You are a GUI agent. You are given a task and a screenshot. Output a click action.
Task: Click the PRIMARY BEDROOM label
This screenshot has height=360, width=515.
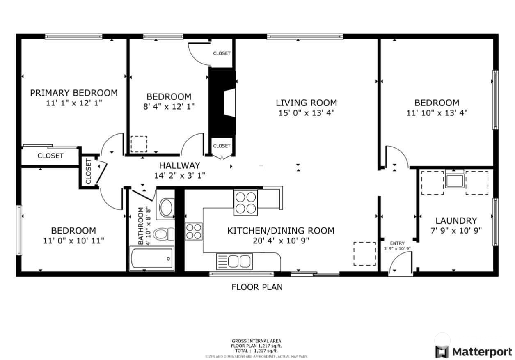[74, 93]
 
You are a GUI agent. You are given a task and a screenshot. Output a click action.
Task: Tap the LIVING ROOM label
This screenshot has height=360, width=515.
[306, 103]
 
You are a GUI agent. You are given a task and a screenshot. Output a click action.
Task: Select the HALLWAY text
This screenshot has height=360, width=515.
[180, 165]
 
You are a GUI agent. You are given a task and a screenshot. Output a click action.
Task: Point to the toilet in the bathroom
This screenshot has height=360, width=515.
[164, 234]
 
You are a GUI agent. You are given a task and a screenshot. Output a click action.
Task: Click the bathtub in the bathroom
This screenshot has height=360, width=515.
[151, 258]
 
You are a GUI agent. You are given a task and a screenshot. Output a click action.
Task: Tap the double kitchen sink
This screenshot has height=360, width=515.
[234, 261]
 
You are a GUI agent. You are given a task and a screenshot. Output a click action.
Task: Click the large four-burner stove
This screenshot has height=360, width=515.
[246, 203]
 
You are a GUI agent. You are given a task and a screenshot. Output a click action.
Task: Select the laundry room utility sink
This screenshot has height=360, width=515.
[455, 180]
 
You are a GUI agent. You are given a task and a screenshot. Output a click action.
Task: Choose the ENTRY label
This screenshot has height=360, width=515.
[397, 243]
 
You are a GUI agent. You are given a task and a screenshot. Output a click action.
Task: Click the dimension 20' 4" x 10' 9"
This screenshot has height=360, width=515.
[281, 241]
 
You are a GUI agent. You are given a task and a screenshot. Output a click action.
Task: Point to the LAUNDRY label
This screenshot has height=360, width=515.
[456, 221]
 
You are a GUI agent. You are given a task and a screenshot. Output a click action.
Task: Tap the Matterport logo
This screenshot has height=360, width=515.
[474, 351]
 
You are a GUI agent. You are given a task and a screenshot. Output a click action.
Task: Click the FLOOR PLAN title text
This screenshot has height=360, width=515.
[257, 287]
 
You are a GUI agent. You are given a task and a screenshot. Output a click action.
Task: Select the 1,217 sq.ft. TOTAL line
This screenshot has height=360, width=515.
[256, 351]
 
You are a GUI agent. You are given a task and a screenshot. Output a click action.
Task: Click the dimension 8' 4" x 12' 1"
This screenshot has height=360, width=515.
[169, 106]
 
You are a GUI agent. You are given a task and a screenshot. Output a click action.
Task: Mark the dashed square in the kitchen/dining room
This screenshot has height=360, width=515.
[365, 254]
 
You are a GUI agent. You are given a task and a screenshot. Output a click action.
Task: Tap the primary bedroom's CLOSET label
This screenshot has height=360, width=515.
[50, 156]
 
